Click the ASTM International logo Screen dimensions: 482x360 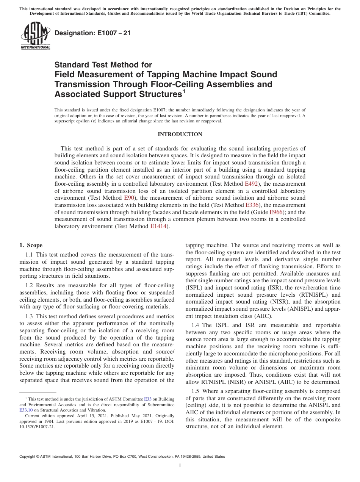pyautogui.click(x=35, y=36)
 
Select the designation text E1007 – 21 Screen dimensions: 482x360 pyautogui.click(x=93, y=33)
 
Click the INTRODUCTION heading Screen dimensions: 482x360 pyautogui.click(x=180, y=135)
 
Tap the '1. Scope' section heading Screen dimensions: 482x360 pyautogui.click(x=31, y=245)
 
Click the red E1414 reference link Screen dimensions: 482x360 pyautogui.click(x=158, y=226)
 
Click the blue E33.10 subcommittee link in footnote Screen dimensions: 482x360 pyautogui.click(x=26, y=410)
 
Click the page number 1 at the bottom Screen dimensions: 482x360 pyautogui.click(x=180, y=466)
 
